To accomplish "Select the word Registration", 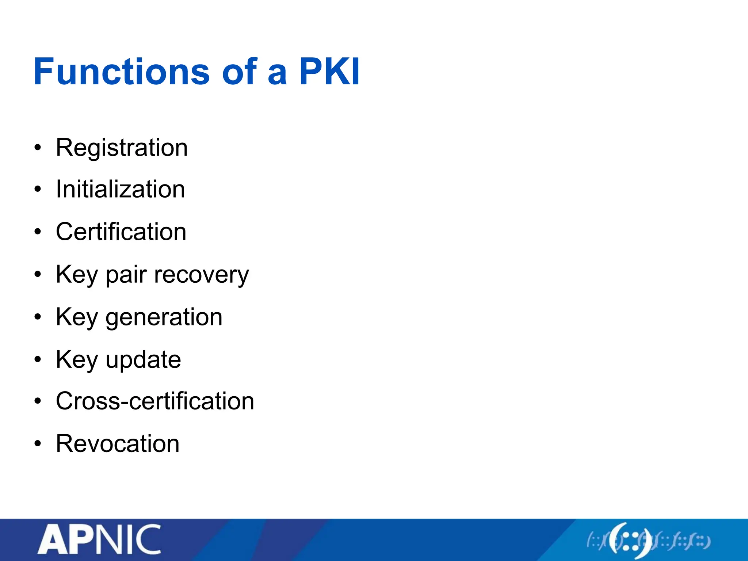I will [x=122, y=148].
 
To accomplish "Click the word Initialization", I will [x=120, y=189].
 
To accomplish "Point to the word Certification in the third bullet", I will [x=121, y=232].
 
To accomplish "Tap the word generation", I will [x=164, y=317].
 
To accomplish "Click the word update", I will [x=143, y=360].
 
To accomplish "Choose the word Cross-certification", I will [x=155, y=401].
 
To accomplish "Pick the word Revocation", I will [x=118, y=443].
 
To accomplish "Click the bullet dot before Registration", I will [x=38, y=148].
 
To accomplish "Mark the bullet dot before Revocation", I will [x=38, y=444].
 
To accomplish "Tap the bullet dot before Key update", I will [x=38, y=360].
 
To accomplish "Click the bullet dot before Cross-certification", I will [x=38, y=401].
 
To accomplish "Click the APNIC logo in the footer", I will [x=99, y=539].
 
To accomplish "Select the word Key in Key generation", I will [x=77, y=317].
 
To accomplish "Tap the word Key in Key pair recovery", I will [x=77, y=275].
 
